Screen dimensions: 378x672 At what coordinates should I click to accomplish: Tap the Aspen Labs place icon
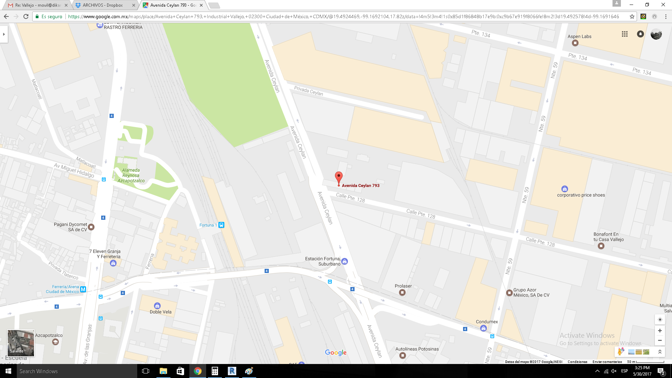[575, 43]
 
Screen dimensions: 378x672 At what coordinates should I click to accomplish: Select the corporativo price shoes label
[581, 195]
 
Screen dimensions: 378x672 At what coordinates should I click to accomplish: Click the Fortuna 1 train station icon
[221, 225]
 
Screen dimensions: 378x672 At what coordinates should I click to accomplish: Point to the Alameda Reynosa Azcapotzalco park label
[131, 175]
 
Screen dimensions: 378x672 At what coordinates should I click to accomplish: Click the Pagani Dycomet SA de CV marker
[91, 227]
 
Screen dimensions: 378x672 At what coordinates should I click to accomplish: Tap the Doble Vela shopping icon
[157, 306]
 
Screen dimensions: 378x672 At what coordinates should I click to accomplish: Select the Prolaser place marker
[402, 292]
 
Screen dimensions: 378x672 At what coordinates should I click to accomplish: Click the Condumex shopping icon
[483, 328]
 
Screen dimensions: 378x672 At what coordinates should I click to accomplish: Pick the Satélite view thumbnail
[21, 343]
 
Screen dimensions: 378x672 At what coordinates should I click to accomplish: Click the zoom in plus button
[660, 330]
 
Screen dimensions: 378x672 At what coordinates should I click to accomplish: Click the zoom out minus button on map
[660, 340]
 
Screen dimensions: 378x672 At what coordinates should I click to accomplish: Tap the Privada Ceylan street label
[308, 91]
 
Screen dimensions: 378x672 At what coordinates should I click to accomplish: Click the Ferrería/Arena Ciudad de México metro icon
[83, 289]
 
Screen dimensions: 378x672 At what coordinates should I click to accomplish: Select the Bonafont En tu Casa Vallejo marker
[601, 246]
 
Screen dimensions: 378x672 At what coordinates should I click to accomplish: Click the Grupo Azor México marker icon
[509, 293]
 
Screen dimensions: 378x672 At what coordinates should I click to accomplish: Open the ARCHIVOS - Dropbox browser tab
[103, 5]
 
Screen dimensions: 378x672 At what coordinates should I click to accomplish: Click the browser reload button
[26, 16]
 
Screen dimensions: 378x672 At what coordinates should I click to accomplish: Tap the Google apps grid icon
[625, 34]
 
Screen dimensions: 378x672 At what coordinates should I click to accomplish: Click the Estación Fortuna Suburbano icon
[345, 261]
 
